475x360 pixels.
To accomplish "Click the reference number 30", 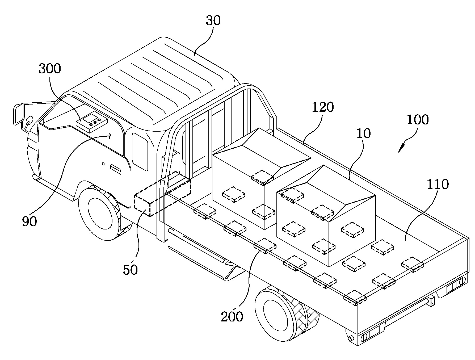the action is click(213, 20).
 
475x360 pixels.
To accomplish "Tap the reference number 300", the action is click(50, 69).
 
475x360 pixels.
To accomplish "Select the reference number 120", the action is click(323, 107).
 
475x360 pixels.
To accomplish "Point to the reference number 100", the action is click(418, 120).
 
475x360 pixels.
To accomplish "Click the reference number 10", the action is click(363, 133).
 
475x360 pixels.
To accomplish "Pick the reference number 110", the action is click(438, 184).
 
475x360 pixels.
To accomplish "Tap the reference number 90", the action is click(30, 221).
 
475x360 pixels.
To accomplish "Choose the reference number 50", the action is click(130, 270).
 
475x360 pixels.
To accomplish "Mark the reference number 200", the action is click(232, 317).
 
